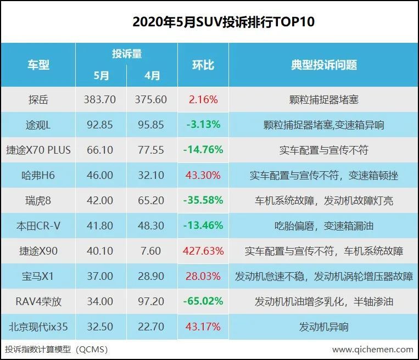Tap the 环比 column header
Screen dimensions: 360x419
pos(203,65)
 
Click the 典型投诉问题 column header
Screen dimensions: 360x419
pos(324,65)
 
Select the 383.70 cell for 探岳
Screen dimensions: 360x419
pos(99,100)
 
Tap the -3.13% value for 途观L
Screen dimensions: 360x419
pos(203,125)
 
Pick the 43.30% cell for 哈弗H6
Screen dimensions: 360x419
pos(203,176)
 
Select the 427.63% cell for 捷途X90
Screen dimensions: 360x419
pos(203,251)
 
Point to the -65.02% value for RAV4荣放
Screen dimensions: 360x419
pos(203,302)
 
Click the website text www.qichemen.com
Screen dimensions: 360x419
pos(372,349)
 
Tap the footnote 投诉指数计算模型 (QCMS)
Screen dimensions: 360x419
pos(56,349)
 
